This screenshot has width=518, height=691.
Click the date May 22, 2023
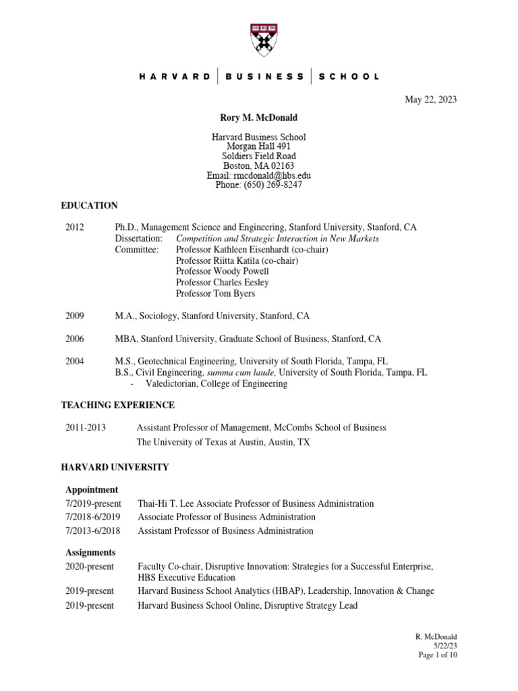(x=430, y=100)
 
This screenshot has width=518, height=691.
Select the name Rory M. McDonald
(x=259, y=118)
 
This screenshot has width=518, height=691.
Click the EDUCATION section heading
(x=90, y=206)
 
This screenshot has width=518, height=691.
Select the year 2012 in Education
(x=75, y=228)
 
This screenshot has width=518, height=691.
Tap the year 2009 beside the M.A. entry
(x=75, y=316)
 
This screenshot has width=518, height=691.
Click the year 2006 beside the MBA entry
(x=75, y=339)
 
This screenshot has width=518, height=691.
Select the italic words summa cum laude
(x=241, y=372)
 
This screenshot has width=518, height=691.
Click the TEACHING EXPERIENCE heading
(x=118, y=405)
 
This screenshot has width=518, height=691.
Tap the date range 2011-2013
(x=86, y=428)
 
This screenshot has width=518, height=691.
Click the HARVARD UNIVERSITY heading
(x=115, y=467)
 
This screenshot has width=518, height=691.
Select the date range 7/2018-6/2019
(x=93, y=517)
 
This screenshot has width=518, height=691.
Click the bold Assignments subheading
(x=90, y=552)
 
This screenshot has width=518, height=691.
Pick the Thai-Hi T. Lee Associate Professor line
(x=256, y=503)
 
